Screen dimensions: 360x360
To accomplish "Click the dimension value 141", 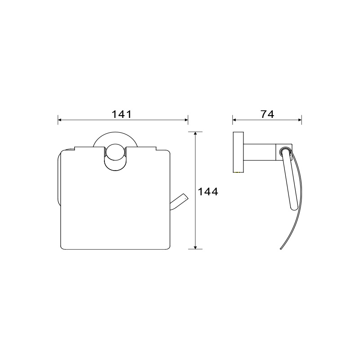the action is [121, 114].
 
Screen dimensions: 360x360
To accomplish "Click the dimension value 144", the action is [208, 192].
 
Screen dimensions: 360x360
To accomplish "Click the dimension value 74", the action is [267, 114].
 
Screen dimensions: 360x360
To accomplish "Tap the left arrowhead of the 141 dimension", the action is [59, 120].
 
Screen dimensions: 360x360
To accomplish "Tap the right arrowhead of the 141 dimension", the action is [186, 120].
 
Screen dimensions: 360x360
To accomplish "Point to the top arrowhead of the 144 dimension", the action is [195, 134].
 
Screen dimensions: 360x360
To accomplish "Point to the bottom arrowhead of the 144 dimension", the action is [195, 247].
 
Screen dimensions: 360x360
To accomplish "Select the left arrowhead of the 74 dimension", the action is [234, 120].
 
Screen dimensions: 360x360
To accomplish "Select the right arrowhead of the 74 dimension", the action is [300, 120].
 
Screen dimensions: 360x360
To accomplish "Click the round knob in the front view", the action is [115, 153].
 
